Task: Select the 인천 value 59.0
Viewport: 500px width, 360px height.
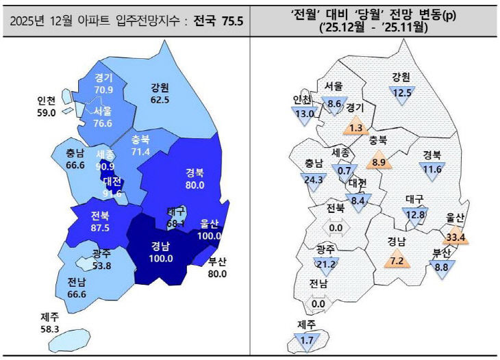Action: [x=46, y=114]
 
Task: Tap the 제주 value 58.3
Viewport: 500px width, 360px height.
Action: [x=50, y=329]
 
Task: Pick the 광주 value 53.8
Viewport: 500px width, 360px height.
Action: [x=101, y=266]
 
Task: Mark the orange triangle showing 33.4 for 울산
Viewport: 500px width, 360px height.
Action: [x=455, y=237]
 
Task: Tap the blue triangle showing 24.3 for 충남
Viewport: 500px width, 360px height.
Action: [x=315, y=181]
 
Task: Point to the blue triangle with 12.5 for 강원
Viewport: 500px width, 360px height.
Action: [x=401, y=93]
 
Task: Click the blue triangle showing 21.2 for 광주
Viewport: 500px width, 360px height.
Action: [x=326, y=263]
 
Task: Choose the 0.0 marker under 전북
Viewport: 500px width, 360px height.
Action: [x=336, y=228]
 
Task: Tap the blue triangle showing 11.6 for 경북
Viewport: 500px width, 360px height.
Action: [x=432, y=169]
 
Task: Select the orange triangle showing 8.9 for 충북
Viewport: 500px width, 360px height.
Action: [x=379, y=162]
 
